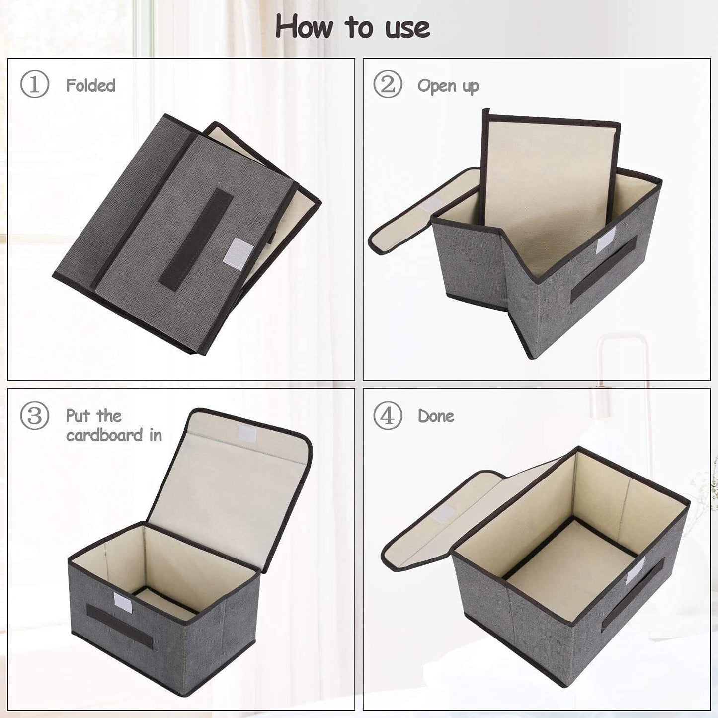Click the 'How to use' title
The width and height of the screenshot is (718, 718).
352,27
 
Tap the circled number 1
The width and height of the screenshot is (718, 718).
34,84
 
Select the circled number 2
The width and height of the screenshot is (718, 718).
387,84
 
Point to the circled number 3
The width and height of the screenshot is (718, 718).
34,415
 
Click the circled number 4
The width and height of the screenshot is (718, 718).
387,415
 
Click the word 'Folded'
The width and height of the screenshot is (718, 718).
90,85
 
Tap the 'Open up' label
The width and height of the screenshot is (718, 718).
448,86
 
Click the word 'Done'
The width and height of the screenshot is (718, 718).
436,416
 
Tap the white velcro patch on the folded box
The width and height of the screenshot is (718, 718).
240,253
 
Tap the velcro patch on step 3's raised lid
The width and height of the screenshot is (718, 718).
247,433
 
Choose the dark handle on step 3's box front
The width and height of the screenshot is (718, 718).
119,626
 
